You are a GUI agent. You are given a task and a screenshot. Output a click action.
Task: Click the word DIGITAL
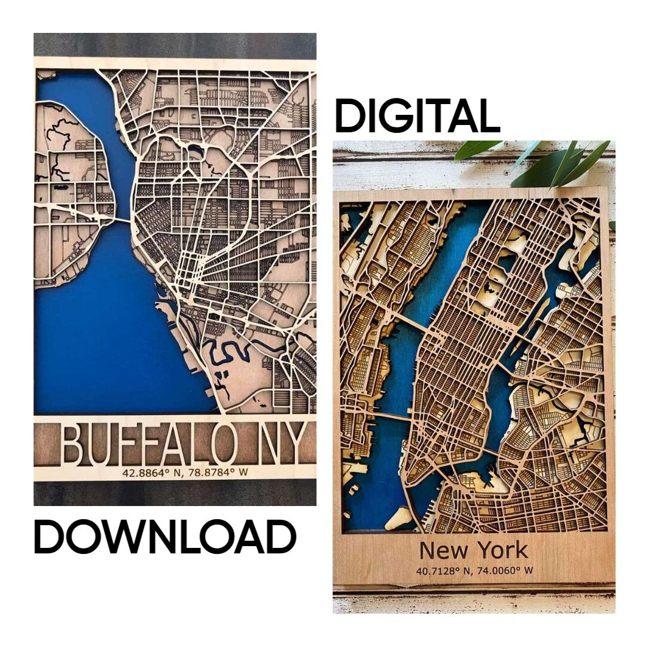click(417, 117)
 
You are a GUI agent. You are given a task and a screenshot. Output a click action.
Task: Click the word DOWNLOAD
click(164, 537)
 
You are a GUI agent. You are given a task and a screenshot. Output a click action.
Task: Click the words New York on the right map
click(473, 550)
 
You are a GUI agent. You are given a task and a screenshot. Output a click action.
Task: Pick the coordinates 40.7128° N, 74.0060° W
click(474, 570)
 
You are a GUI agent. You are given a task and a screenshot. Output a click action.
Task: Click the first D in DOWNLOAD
click(49, 537)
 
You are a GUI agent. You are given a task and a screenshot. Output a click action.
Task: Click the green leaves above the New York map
click(538, 159)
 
